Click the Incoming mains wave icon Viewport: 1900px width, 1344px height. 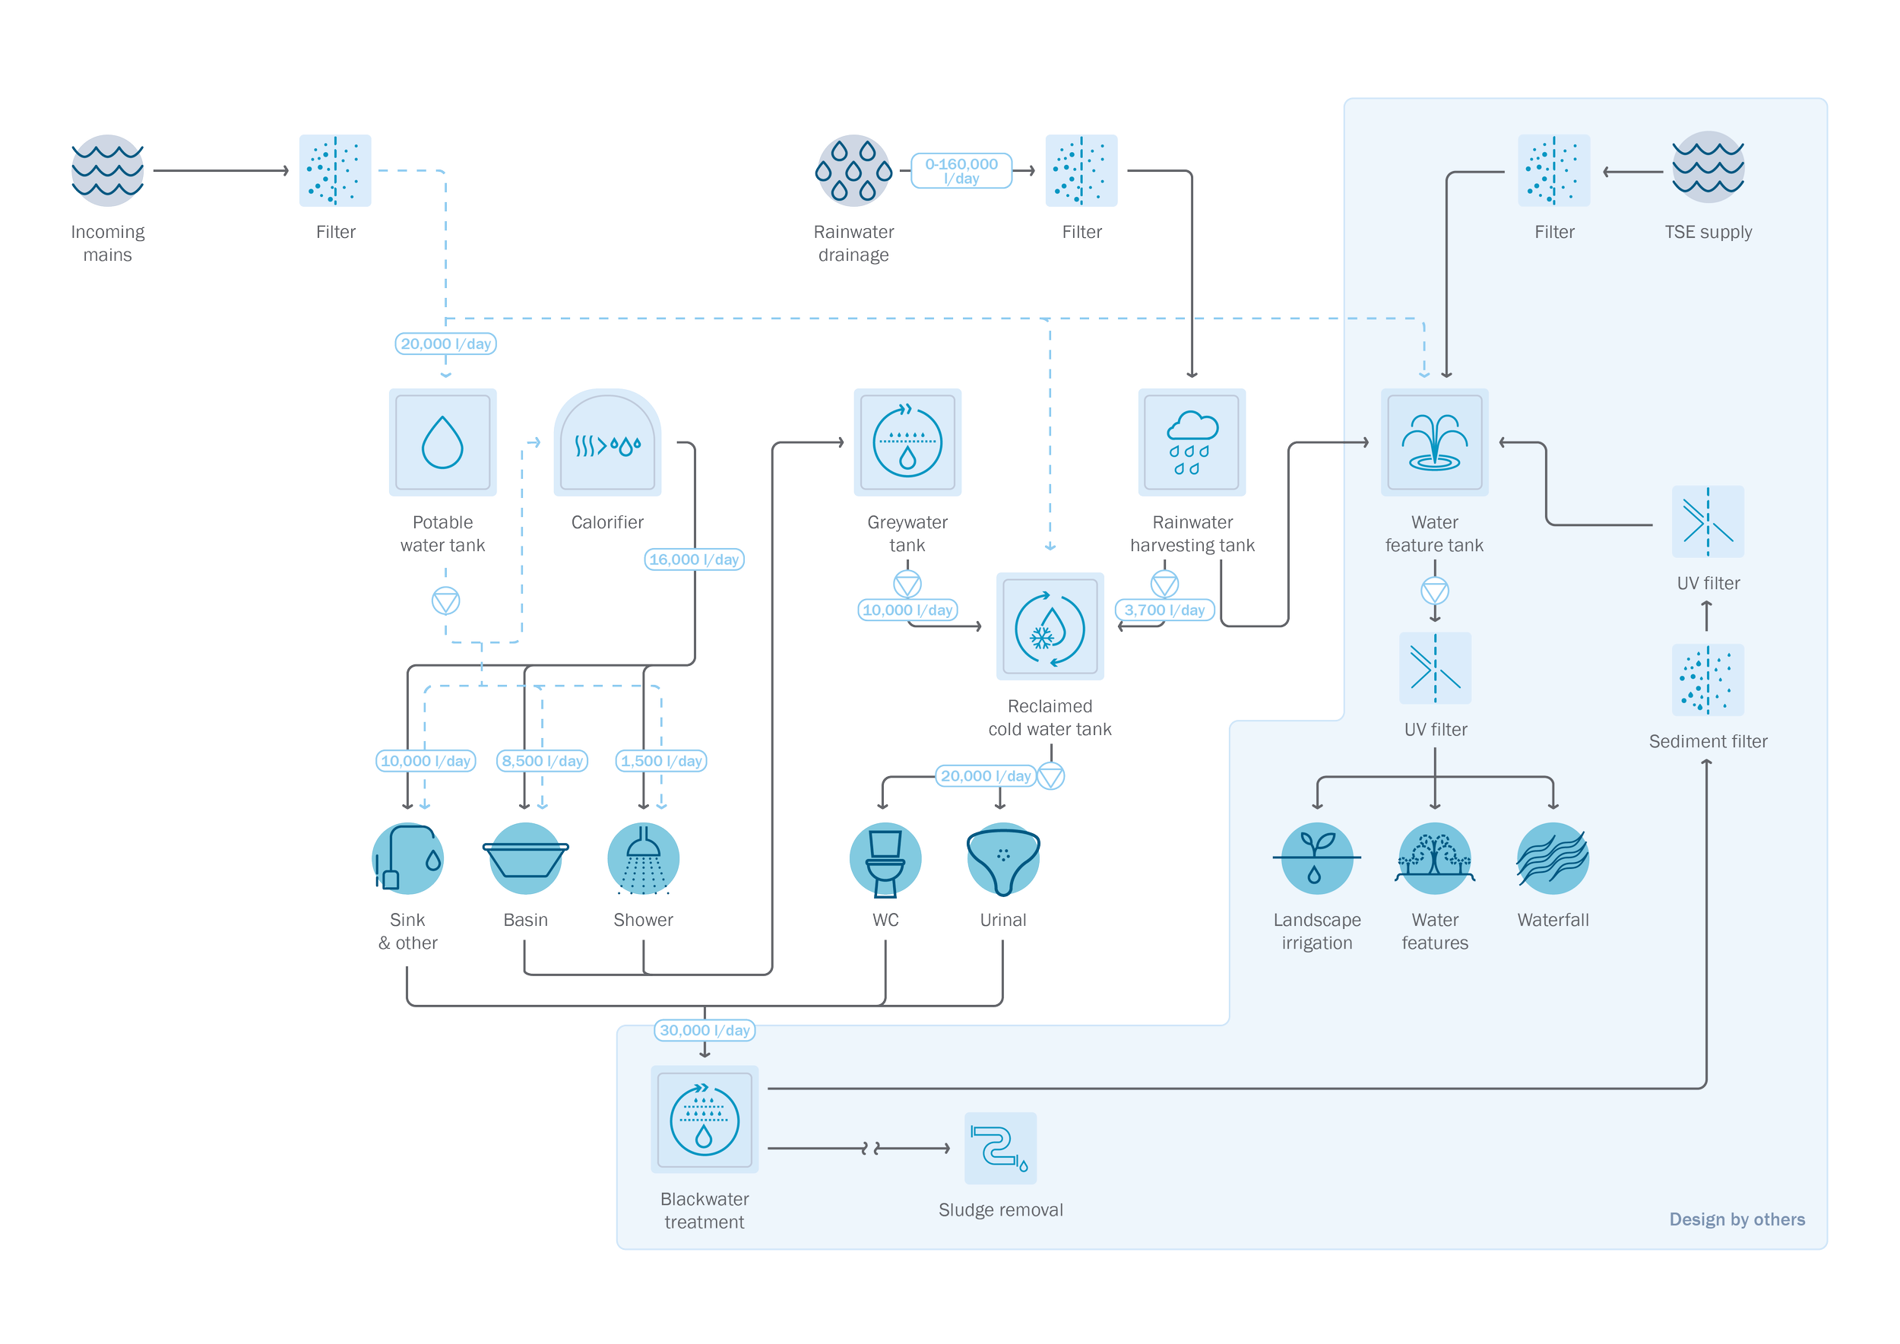pos(108,170)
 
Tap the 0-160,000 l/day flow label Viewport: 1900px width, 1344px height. pos(961,170)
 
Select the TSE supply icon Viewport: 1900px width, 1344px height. pos(1707,168)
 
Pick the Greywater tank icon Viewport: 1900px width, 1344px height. pos(907,442)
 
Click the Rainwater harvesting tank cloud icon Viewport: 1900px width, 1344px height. pos(1192,442)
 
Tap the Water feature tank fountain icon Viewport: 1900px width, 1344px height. pos(1434,442)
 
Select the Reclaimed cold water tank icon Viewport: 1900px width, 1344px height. pos(1050,626)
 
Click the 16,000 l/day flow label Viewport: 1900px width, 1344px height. pos(695,559)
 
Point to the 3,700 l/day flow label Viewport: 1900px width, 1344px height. pos(1164,610)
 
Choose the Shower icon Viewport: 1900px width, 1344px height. pos(643,858)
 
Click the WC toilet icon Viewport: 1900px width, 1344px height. pos(885,858)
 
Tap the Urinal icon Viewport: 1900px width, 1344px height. pos(1003,858)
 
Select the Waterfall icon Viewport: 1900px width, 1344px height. pos(1553,858)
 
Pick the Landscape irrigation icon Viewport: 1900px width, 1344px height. pos(1316,858)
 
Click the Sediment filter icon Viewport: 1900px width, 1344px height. pos(1707,680)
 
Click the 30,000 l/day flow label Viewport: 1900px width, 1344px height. pos(705,1030)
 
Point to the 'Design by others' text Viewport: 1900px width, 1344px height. pos(1736,1219)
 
